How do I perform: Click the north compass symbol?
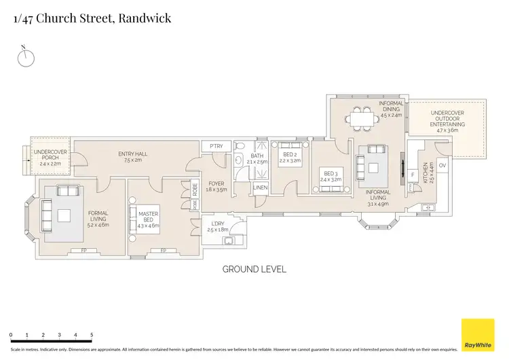[x=26, y=58]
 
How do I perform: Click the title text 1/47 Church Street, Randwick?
[x=92, y=18]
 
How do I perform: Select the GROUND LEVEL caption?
[x=254, y=269]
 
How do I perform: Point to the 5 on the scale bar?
[x=92, y=335]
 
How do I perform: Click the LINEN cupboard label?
[x=261, y=187]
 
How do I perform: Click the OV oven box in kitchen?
[x=442, y=166]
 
